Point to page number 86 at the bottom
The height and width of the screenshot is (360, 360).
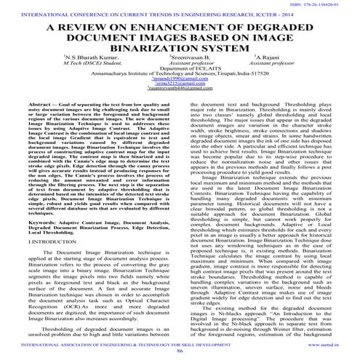[180, 351]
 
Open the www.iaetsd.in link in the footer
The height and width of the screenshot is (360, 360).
[335, 344]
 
